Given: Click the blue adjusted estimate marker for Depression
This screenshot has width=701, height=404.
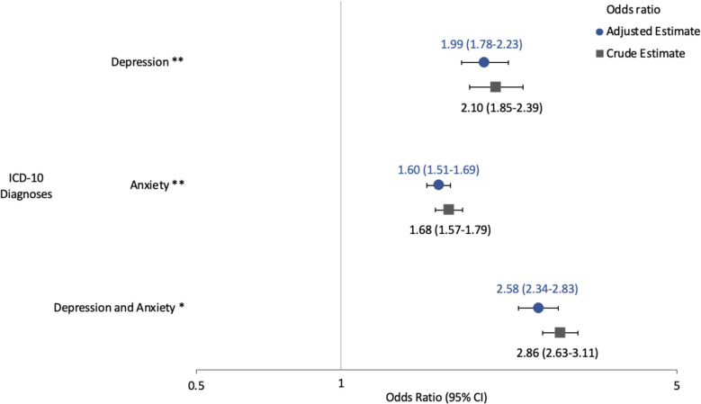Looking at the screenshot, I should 484,62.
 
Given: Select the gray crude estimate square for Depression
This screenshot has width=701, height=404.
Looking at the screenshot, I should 495,87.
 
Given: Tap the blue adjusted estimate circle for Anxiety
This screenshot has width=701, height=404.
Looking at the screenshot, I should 438,185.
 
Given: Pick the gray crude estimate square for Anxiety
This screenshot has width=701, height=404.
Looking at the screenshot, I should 449,210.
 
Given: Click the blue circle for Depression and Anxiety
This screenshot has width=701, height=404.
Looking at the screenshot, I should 538,308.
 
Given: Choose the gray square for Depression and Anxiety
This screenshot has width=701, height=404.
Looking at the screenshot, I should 560,333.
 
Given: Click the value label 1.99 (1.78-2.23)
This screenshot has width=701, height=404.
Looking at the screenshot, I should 481,44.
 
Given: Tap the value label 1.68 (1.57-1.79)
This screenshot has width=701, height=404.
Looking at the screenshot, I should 449,229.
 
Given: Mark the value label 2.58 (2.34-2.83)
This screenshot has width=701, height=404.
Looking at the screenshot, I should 536,290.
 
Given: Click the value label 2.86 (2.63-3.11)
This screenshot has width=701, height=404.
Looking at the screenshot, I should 555,352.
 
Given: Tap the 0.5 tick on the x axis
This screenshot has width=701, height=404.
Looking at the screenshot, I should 196,385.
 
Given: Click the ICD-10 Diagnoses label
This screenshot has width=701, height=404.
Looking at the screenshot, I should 31,185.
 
